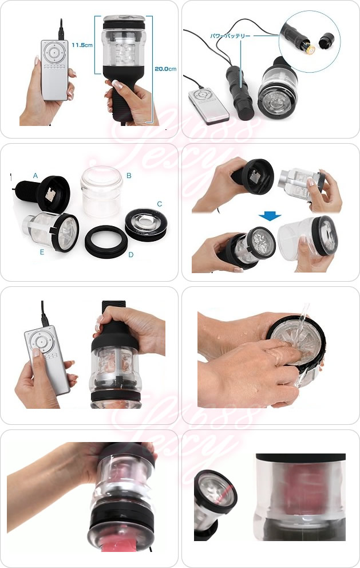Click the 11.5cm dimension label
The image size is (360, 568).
point(82,45)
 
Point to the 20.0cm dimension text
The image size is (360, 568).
point(164,69)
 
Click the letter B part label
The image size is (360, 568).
point(129,176)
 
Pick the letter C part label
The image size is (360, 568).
point(159,204)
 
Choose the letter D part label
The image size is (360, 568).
point(130,254)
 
